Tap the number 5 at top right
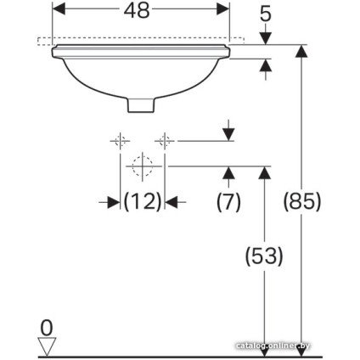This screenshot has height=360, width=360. pos(266,14)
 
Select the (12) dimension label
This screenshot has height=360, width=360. pos(142,202)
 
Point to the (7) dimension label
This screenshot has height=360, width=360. pos(228,202)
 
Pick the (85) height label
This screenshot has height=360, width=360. pos(301,202)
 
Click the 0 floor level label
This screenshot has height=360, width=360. pos(48,324)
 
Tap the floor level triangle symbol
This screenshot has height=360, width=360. pos(48,345)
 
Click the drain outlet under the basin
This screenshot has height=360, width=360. pos(141,104)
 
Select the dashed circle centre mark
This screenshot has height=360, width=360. pos(142,165)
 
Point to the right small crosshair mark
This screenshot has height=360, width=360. pos(165,140)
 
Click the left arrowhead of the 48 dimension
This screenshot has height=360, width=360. pos(59,10)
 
